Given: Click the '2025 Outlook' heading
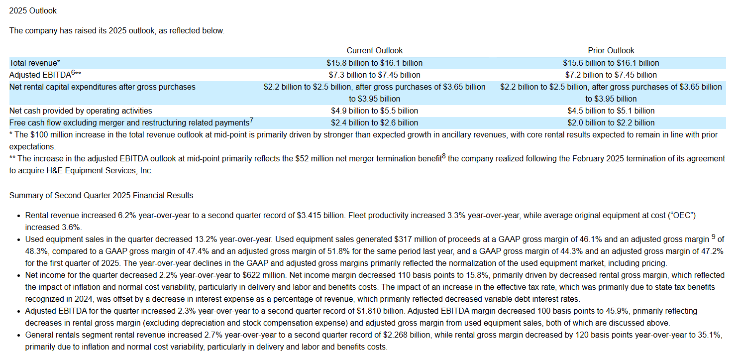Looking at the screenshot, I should [x=33, y=11].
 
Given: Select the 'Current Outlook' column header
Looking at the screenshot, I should [x=374, y=50].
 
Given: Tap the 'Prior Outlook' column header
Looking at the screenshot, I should [x=611, y=50].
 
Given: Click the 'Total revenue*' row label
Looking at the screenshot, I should [x=34, y=63].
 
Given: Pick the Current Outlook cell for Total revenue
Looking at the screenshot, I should [x=374, y=63].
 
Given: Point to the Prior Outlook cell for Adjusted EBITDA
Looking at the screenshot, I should [x=611, y=75].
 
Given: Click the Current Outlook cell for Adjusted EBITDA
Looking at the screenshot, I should [x=374, y=75].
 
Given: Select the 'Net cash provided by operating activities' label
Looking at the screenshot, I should [x=81, y=111].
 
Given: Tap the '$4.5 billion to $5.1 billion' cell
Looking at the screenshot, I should [x=611, y=111].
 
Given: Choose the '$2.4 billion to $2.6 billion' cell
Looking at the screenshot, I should [x=374, y=122].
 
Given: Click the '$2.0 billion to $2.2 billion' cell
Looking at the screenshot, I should [x=611, y=122].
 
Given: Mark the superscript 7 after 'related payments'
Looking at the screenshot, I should [x=251, y=120].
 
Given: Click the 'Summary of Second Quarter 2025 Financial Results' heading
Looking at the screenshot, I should [x=101, y=195].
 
